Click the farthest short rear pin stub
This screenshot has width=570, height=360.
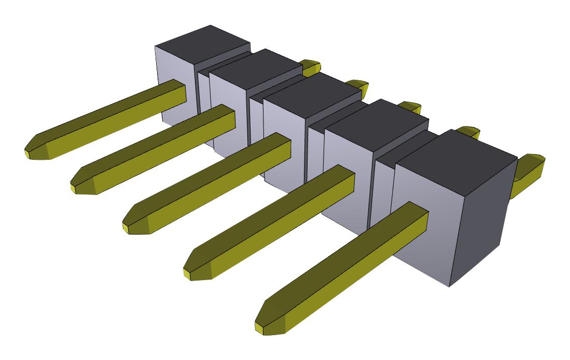[x=311, y=67]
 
